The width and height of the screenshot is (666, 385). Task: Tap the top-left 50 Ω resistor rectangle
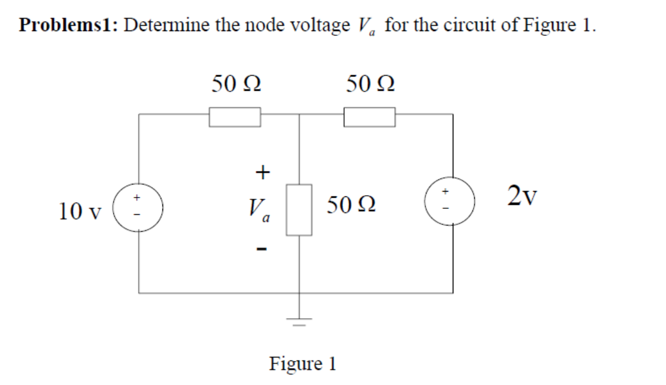point(235,116)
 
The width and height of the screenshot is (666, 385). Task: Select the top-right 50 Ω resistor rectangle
point(369,116)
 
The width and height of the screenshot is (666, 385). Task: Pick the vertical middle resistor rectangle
point(299,210)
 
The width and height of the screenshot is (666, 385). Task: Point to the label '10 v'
point(80,211)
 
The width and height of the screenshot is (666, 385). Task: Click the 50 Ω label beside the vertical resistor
point(351,207)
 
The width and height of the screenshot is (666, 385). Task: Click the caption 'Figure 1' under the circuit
point(303,363)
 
